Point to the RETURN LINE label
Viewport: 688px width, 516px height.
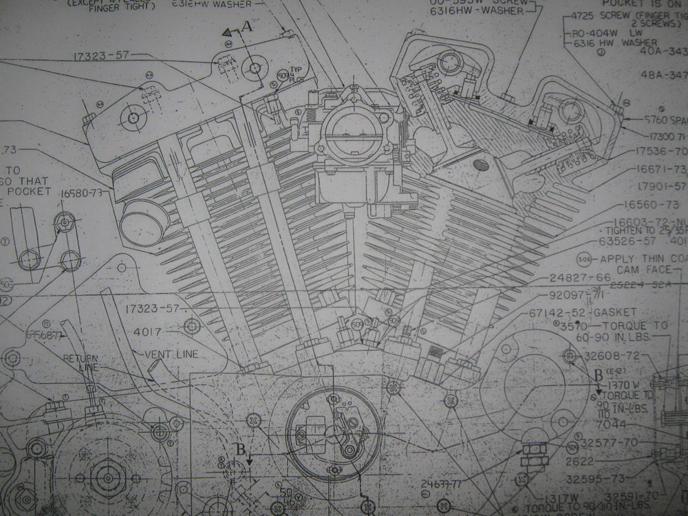pos(81,363)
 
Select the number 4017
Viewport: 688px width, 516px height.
pos(147,332)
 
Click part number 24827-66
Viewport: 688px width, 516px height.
pos(581,278)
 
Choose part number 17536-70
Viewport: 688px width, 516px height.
pos(660,151)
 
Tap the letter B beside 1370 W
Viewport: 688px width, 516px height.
pos(598,375)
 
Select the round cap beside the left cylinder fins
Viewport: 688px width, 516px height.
pos(145,222)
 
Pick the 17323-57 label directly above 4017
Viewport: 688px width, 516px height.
pos(152,308)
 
